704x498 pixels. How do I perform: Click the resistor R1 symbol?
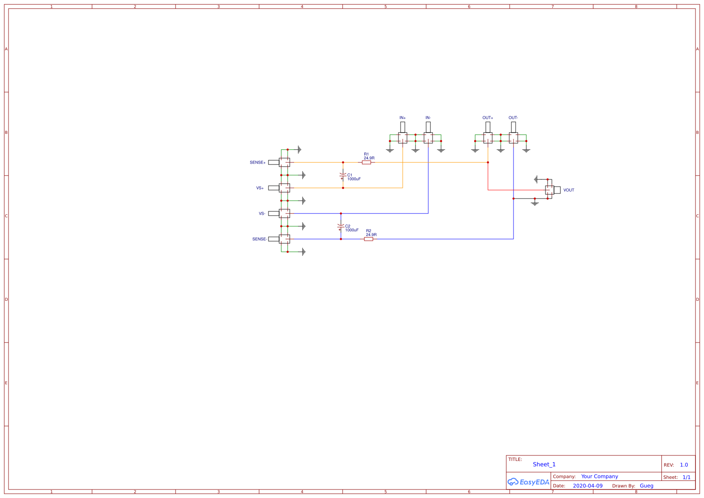[x=366, y=162]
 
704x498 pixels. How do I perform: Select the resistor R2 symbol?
[x=369, y=239]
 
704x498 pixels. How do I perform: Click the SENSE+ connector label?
[x=257, y=163]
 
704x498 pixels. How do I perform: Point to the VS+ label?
[x=260, y=188]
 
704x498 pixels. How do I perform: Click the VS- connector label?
[x=262, y=214]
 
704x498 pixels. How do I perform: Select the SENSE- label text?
[x=260, y=239]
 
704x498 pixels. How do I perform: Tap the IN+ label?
[x=402, y=118]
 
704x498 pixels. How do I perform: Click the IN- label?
[x=428, y=118]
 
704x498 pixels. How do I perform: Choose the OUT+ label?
[x=488, y=118]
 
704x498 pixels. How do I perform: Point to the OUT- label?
[x=513, y=118]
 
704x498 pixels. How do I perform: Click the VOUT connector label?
[x=568, y=190]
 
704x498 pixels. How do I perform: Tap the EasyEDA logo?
[x=528, y=482]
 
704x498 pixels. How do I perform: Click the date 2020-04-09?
[x=587, y=486]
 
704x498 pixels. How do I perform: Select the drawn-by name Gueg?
[x=646, y=486]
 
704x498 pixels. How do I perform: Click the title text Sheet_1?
[x=544, y=465]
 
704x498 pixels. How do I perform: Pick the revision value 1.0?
[x=684, y=465]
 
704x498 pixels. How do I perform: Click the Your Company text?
[x=599, y=477]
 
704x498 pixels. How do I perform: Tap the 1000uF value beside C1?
[x=354, y=179]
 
